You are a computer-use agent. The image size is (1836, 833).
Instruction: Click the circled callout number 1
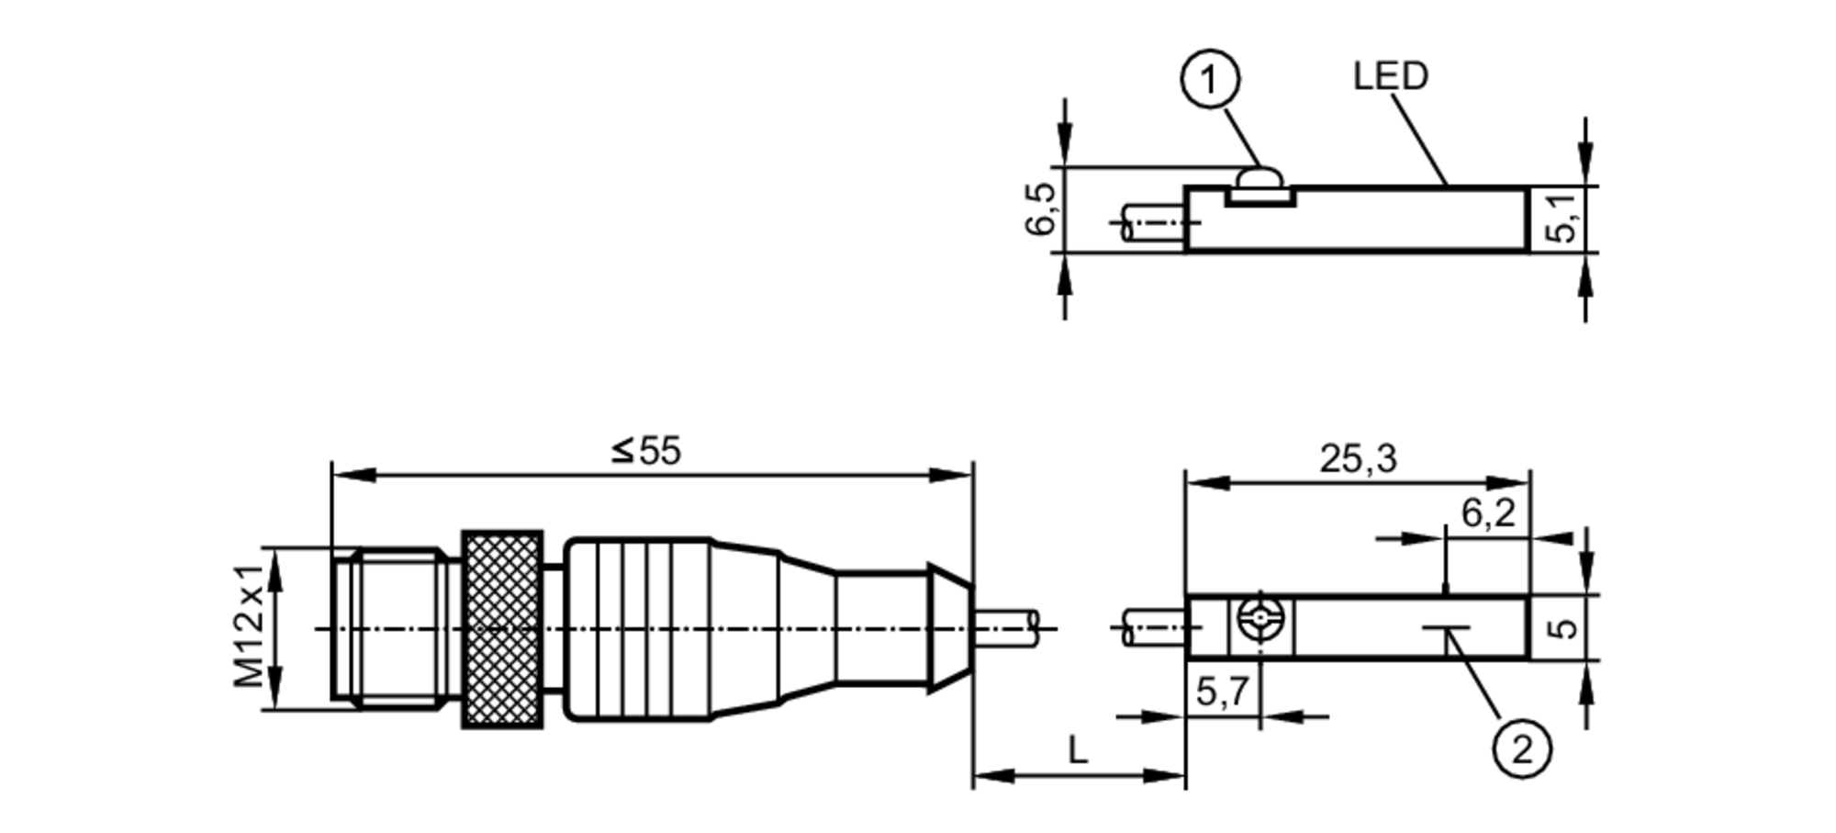click(1209, 81)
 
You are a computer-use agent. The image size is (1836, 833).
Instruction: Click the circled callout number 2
click(1521, 749)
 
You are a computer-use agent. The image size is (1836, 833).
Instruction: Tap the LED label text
click(1390, 76)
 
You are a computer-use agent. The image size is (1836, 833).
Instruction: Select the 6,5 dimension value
click(1042, 209)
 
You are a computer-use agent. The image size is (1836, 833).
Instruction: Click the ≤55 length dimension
click(646, 451)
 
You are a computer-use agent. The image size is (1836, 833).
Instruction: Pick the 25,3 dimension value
click(1358, 458)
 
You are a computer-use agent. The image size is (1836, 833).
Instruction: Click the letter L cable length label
click(1078, 750)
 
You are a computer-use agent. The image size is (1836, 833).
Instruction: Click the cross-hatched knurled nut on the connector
click(502, 630)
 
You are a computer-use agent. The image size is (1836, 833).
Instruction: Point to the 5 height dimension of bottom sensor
click(1563, 627)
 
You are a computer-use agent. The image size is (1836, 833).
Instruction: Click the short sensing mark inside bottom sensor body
click(1447, 629)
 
